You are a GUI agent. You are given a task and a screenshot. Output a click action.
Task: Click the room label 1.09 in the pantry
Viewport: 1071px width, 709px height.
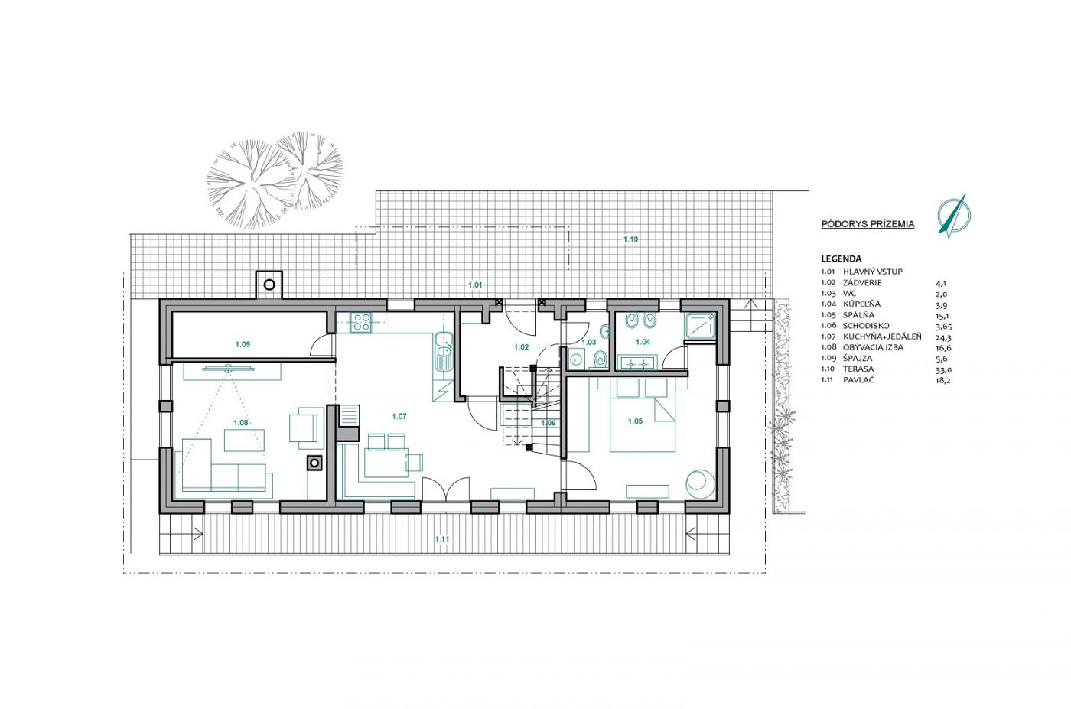pyautogui.click(x=243, y=344)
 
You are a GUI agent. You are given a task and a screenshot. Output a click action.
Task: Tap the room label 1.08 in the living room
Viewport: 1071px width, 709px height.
pyautogui.click(x=241, y=423)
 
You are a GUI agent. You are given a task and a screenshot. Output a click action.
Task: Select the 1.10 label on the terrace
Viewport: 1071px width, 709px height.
pyautogui.click(x=630, y=239)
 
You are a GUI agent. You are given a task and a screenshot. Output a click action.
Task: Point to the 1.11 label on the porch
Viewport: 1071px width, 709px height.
pyautogui.click(x=442, y=539)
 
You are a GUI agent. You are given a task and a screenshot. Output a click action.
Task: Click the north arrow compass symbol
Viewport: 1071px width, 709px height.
pyautogui.click(x=953, y=216)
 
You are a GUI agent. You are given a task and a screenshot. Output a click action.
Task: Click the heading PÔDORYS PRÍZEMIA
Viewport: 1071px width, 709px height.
pyautogui.click(x=868, y=224)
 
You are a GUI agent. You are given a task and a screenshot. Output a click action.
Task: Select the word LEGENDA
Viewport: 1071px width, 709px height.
pyautogui.click(x=841, y=259)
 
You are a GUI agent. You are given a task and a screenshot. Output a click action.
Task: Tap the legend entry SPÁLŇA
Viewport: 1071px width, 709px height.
pyautogui.click(x=858, y=315)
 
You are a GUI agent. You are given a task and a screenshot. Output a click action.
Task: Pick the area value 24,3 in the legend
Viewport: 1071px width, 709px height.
pyautogui.click(x=941, y=337)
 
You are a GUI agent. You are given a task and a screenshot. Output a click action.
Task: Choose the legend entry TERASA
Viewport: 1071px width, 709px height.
pyautogui.click(x=858, y=369)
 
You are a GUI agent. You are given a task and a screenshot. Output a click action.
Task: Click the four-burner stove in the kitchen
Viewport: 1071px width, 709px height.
pyautogui.click(x=361, y=322)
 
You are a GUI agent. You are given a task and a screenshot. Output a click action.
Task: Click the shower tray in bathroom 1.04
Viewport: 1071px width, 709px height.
pyautogui.click(x=700, y=326)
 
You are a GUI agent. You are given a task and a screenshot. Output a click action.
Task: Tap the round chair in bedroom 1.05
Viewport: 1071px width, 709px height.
pyautogui.click(x=701, y=484)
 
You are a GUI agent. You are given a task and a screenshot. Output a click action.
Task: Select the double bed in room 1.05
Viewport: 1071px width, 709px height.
pyautogui.click(x=643, y=415)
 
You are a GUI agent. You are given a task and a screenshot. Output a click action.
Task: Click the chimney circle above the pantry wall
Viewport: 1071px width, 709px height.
pyautogui.click(x=269, y=285)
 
